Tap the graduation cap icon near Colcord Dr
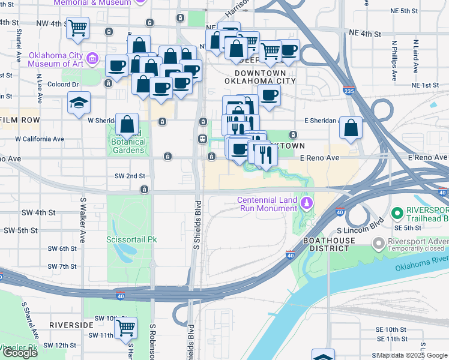(x=79, y=103)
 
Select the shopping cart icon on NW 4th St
(x=78, y=28)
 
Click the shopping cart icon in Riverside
(x=125, y=328)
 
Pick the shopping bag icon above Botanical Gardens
(x=127, y=125)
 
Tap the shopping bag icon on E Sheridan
(x=351, y=128)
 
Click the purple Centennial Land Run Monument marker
(x=307, y=204)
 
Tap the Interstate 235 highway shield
(x=348, y=91)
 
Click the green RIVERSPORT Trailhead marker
(x=396, y=214)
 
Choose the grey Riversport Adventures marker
(x=379, y=243)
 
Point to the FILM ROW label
(x=19, y=120)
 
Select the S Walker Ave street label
(x=82, y=218)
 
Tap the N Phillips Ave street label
(x=395, y=61)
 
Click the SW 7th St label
(x=62, y=266)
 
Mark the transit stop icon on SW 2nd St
(x=145, y=190)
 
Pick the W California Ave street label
(x=40, y=139)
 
